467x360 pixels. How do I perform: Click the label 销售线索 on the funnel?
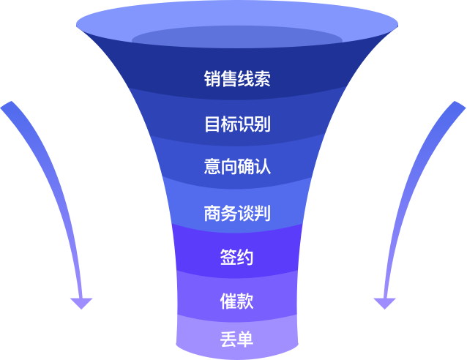(237, 79)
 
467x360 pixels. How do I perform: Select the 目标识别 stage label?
(237, 123)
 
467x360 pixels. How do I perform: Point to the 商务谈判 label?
(237, 213)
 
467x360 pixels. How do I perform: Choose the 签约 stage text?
(237, 258)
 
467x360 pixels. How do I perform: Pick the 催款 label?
(237, 300)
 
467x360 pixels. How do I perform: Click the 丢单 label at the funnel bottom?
(237, 340)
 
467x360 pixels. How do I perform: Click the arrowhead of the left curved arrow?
(81, 302)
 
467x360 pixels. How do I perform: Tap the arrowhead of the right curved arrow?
(384, 302)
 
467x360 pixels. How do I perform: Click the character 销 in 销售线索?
(212, 79)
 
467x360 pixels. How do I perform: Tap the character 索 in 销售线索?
(262, 79)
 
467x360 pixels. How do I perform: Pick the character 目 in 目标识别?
(212, 123)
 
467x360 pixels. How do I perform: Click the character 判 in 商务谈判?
(262, 213)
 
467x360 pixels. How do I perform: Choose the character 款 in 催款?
(246, 300)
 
